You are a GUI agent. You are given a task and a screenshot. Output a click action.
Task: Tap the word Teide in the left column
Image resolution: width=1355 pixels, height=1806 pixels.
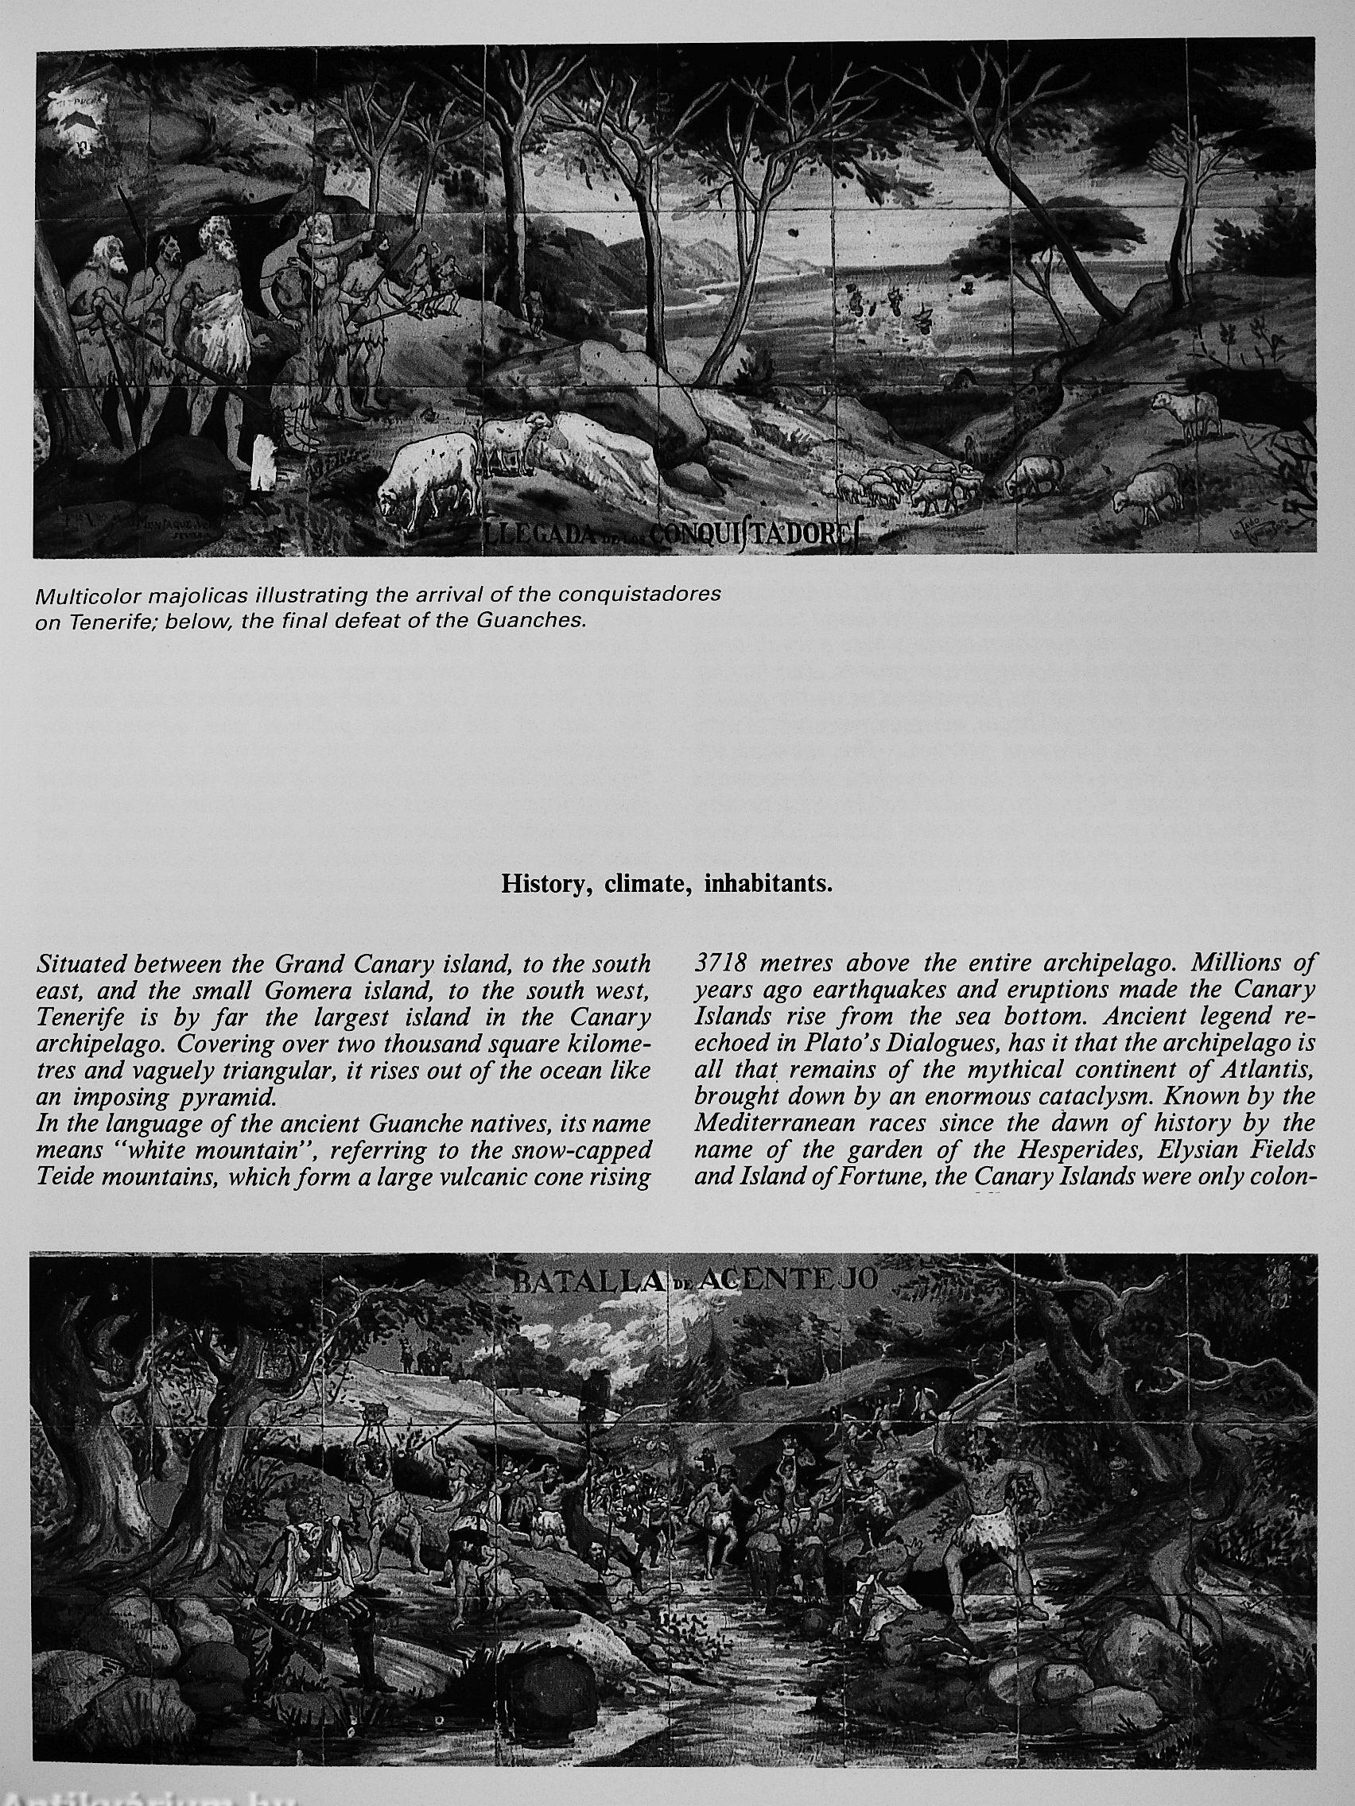[x=66, y=1176]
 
